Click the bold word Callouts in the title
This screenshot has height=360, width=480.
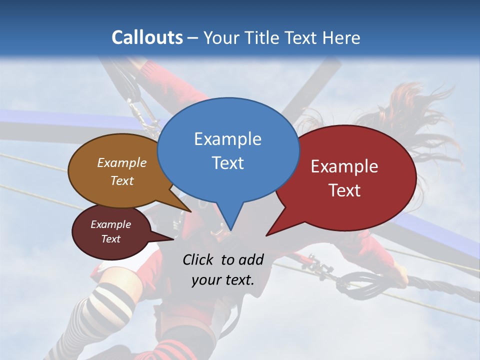click(x=147, y=37)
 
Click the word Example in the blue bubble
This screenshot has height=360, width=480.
click(x=227, y=139)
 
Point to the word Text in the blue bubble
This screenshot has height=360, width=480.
click(x=227, y=163)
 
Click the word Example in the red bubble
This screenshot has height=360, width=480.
click(x=344, y=166)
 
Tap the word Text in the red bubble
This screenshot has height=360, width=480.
click(x=344, y=190)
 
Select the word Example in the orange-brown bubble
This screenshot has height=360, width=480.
click(x=122, y=162)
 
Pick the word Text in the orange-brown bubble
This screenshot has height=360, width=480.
click(x=122, y=180)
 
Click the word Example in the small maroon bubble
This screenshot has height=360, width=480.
click(x=110, y=224)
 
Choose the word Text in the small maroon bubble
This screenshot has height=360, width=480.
click(x=110, y=239)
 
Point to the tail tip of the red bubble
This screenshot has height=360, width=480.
click(x=267, y=234)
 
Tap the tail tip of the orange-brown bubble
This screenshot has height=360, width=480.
click(x=190, y=211)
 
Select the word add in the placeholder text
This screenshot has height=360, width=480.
click(x=250, y=259)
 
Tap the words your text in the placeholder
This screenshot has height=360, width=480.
click(x=222, y=280)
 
